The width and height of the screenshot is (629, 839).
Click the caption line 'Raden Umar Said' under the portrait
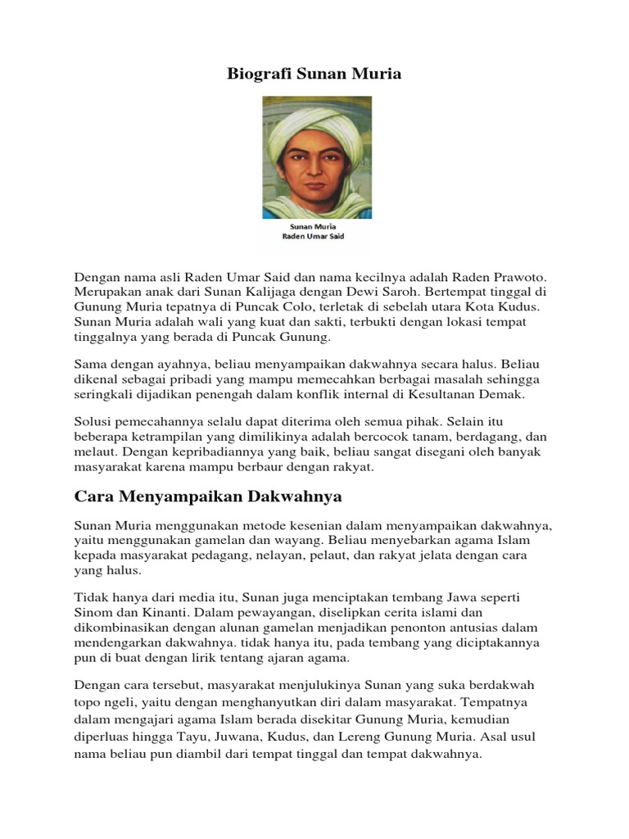314,236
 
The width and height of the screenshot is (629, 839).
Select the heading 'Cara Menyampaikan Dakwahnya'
208,497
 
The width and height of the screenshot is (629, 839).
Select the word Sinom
93,610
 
